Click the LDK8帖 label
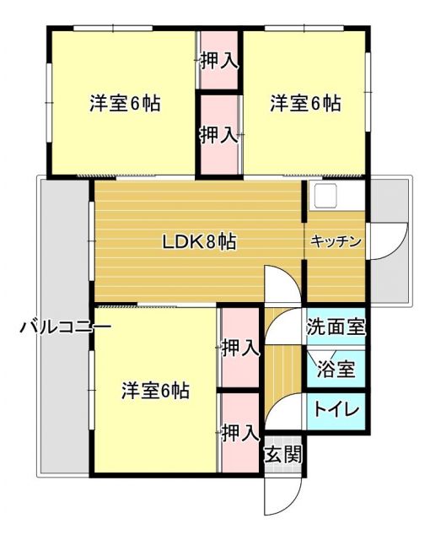pyautogui.click(x=199, y=242)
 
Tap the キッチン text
pyautogui.click(x=336, y=242)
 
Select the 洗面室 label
pyautogui.click(x=336, y=327)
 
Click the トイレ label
pyautogui.click(x=336, y=411)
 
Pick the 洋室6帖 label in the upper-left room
pyautogui.click(x=126, y=105)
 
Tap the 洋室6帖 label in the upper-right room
pyautogui.click(x=305, y=105)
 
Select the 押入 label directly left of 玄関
pyautogui.click(x=239, y=434)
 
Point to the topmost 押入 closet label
pyautogui.click(x=218, y=61)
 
